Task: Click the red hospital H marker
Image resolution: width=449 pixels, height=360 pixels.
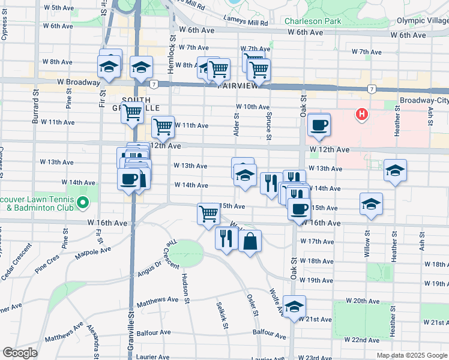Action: point(362,114)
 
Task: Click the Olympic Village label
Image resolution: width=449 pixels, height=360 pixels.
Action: point(422,21)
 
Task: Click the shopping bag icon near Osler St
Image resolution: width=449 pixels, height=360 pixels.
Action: point(250,242)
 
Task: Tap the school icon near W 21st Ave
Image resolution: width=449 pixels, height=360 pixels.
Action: point(295,307)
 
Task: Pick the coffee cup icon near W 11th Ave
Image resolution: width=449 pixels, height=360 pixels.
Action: point(319,125)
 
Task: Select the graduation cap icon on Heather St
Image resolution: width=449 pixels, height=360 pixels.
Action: point(395,170)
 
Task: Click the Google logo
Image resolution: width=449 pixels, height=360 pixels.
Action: point(20,353)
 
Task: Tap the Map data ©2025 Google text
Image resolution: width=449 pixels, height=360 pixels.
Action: point(412,355)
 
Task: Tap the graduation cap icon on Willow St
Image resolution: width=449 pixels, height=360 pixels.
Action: point(371,204)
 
